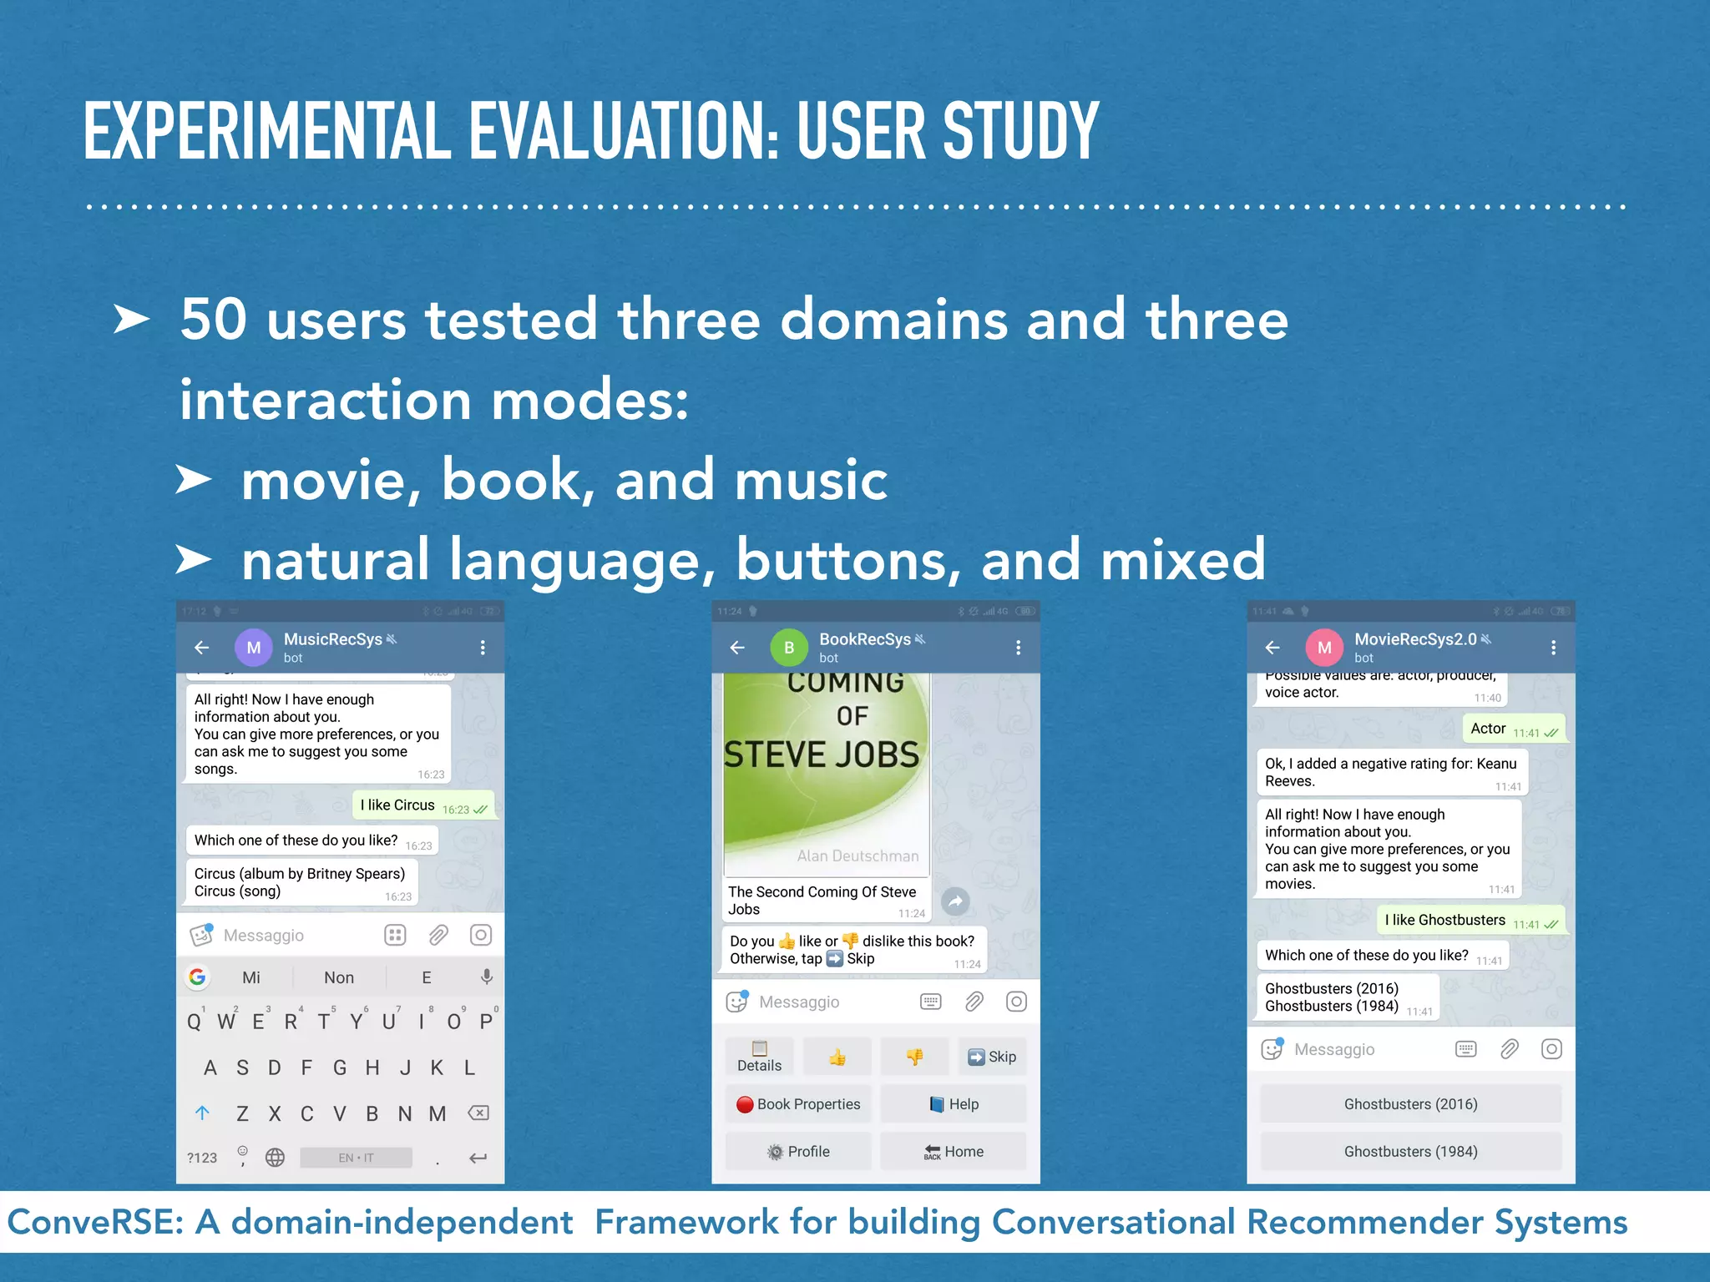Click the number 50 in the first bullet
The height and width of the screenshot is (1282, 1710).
click(213, 319)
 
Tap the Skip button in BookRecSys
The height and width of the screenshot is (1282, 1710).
click(992, 1057)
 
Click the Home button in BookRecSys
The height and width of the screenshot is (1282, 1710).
click(953, 1152)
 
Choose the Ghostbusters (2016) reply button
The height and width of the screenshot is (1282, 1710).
click(1410, 1104)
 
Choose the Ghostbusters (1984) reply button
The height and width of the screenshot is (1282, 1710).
click(1410, 1152)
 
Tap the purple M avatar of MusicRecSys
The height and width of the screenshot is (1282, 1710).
click(254, 648)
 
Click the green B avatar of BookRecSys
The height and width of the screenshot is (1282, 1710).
click(789, 648)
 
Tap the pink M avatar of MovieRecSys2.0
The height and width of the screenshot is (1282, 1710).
click(1324, 648)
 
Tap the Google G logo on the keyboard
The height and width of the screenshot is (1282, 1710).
click(198, 977)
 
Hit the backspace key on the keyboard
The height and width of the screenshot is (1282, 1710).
click(478, 1113)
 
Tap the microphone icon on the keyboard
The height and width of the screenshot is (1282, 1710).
click(487, 977)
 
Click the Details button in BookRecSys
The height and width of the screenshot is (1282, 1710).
click(759, 1057)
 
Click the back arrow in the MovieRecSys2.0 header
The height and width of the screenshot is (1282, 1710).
click(1272, 648)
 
